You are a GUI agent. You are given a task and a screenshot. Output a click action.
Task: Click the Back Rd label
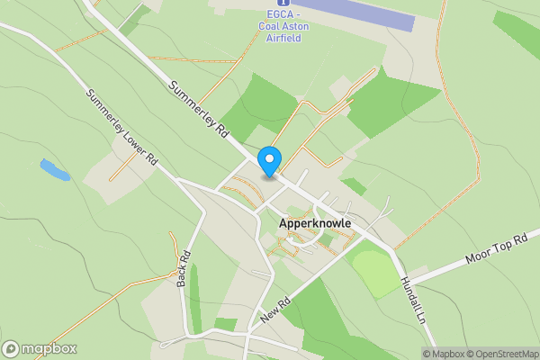184,269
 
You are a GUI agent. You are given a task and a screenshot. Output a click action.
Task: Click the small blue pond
55,169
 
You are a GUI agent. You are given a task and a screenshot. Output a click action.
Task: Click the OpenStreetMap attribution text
502,354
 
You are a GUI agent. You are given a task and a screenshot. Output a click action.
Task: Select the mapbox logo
40,349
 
